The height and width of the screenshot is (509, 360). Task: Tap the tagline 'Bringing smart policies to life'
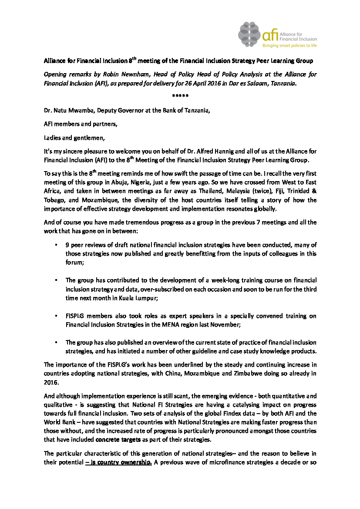point(289,45)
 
